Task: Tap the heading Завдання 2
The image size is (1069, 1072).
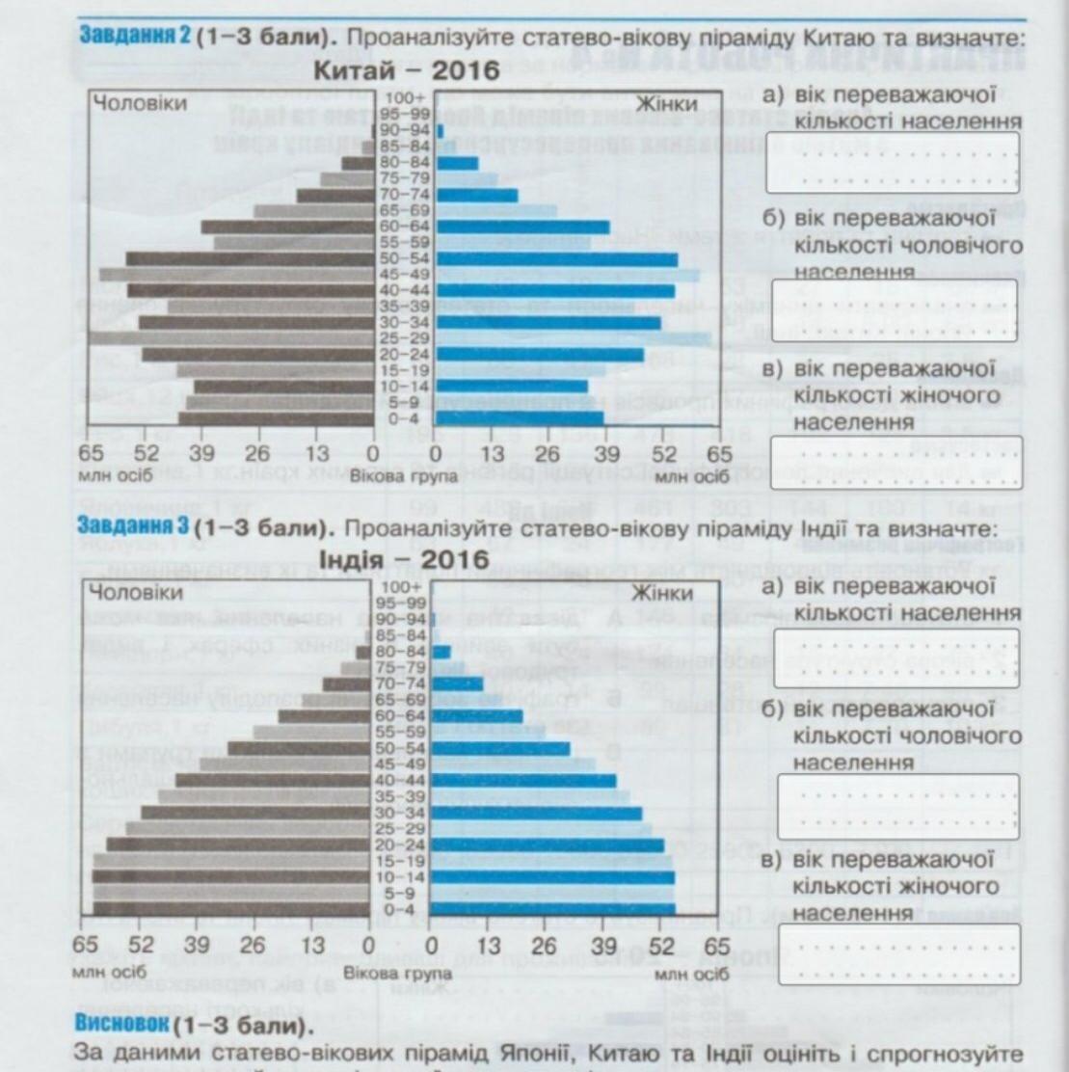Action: point(134,37)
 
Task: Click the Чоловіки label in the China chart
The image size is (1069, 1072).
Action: point(140,103)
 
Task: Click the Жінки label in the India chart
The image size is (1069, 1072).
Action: point(668,591)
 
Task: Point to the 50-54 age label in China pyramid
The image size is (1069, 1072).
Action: point(405,258)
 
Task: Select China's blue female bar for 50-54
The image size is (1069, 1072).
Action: point(556,258)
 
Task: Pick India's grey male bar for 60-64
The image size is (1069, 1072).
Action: point(324,716)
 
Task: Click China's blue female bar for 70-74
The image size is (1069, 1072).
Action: point(476,195)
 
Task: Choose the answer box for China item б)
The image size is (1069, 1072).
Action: point(895,309)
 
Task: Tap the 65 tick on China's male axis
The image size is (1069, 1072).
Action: point(91,454)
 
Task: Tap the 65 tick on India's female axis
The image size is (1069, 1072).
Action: point(717,946)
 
